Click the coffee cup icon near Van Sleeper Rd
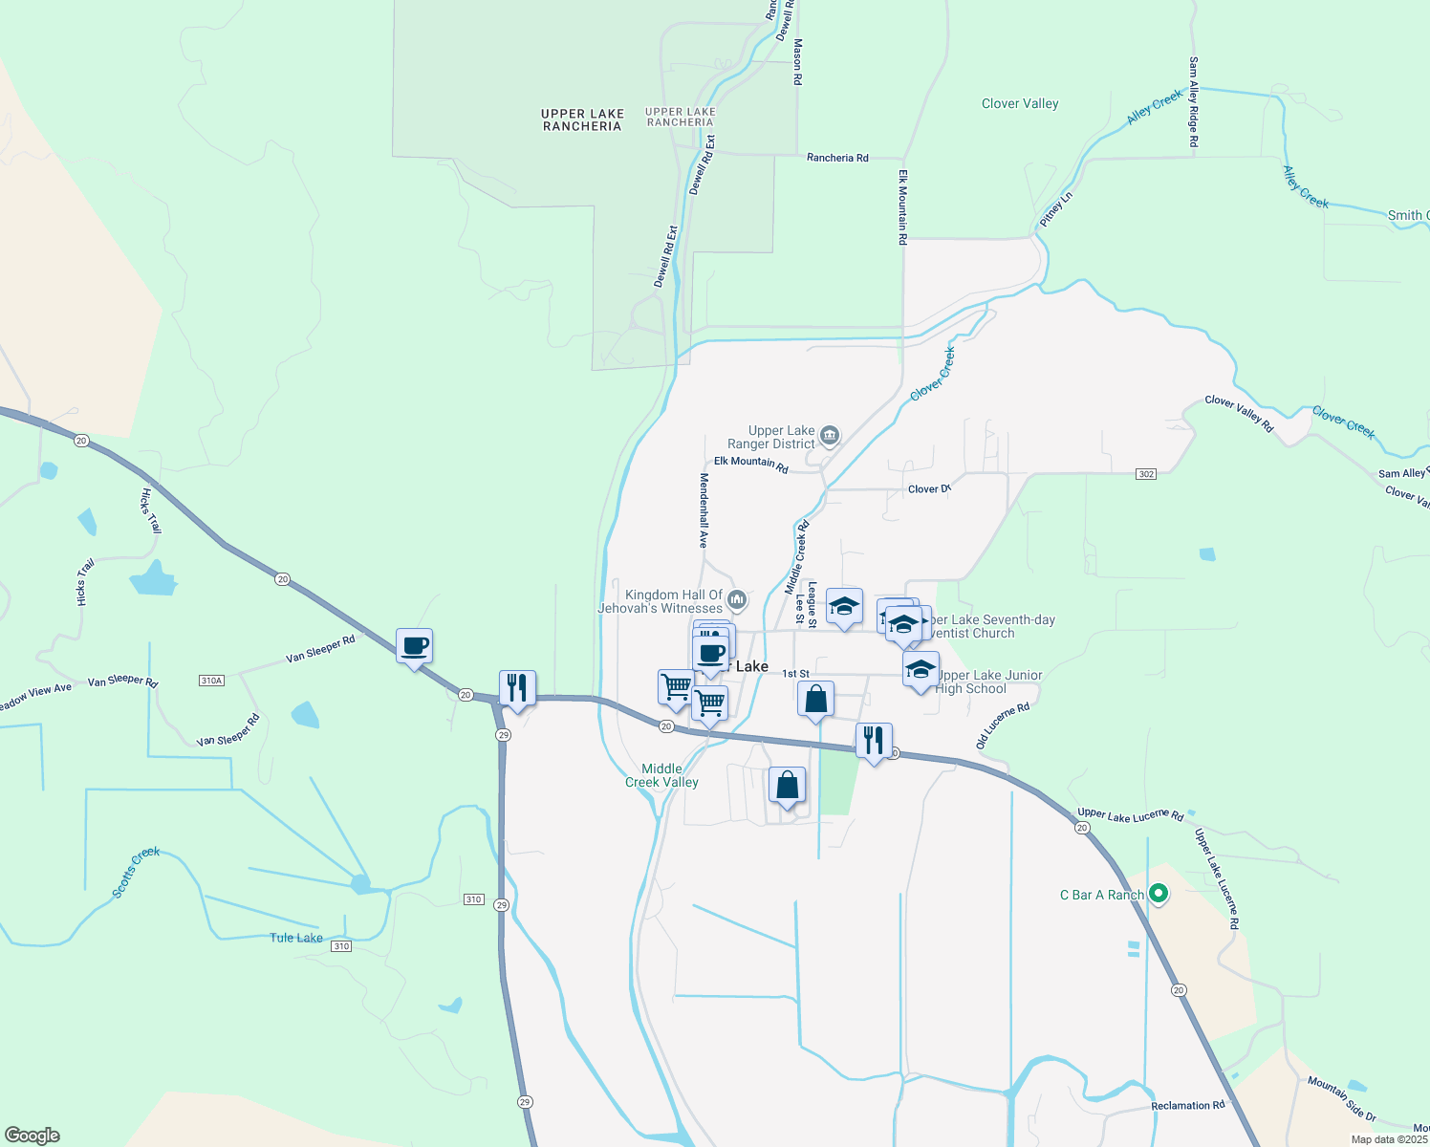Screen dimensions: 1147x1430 (x=414, y=647)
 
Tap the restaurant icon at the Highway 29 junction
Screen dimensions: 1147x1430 (x=517, y=688)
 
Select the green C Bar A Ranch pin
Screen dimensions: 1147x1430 (x=1159, y=895)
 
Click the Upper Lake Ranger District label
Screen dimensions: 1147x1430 (x=781, y=438)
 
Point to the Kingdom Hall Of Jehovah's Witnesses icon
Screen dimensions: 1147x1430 (x=737, y=600)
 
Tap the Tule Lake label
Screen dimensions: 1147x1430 (x=296, y=938)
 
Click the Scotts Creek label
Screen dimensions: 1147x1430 (x=136, y=872)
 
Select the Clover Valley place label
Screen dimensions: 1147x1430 (x=1020, y=103)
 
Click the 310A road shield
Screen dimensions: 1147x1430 (x=211, y=681)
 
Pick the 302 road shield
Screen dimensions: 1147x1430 (x=1146, y=474)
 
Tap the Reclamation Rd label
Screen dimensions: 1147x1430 (x=1187, y=1106)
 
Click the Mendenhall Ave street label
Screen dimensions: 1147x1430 (x=704, y=510)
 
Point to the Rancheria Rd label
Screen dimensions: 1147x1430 (x=837, y=158)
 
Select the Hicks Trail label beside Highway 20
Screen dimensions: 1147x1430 (x=151, y=510)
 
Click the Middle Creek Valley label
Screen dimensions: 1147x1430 (x=661, y=775)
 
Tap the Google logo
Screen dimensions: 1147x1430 (x=32, y=1136)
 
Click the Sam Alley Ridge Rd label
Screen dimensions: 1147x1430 (x=1193, y=101)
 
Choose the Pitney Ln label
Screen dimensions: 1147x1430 (x=1056, y=209)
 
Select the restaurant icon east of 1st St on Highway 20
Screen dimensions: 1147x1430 (x=874, y=741)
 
